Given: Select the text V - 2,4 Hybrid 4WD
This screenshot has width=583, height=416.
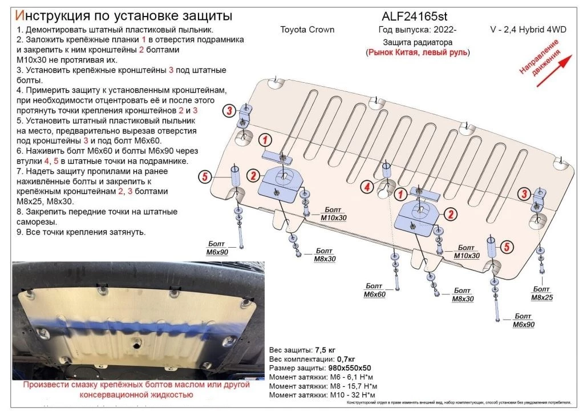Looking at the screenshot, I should click(528, 30).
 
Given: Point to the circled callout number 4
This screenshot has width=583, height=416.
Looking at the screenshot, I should click(368, 186).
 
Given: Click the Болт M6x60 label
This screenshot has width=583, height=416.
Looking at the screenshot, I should click(374, 290).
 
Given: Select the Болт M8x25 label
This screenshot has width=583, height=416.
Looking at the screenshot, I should click(542, 293).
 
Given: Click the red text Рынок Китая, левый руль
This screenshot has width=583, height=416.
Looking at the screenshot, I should click(418, 52).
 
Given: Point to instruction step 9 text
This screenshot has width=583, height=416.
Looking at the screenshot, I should click(80, 232).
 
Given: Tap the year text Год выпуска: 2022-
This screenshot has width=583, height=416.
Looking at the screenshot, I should click(412, 30).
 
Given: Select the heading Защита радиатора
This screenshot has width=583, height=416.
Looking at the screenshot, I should click(418, 42).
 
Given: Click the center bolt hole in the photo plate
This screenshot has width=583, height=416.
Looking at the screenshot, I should click(135, 344).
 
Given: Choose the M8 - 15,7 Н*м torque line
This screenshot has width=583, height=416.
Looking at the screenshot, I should click(323, 386).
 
